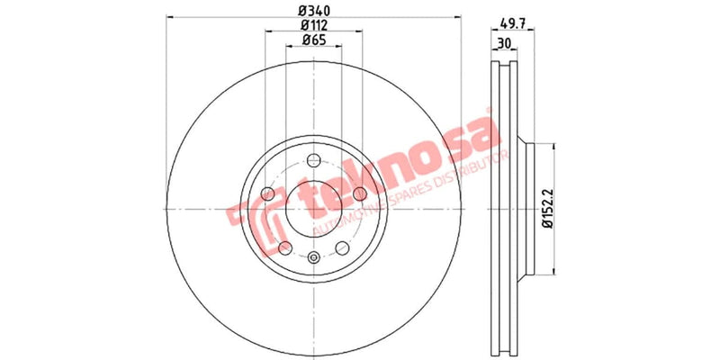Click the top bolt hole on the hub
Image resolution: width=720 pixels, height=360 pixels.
(x=312, y=161)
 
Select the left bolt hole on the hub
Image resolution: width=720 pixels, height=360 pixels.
(x=266, y=194)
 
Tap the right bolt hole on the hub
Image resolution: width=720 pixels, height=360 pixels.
(x=359, y=194)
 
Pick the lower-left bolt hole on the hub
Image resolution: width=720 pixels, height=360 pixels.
(x=284, y=248)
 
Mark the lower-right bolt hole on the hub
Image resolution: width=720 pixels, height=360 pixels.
(x=341, y=248)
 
